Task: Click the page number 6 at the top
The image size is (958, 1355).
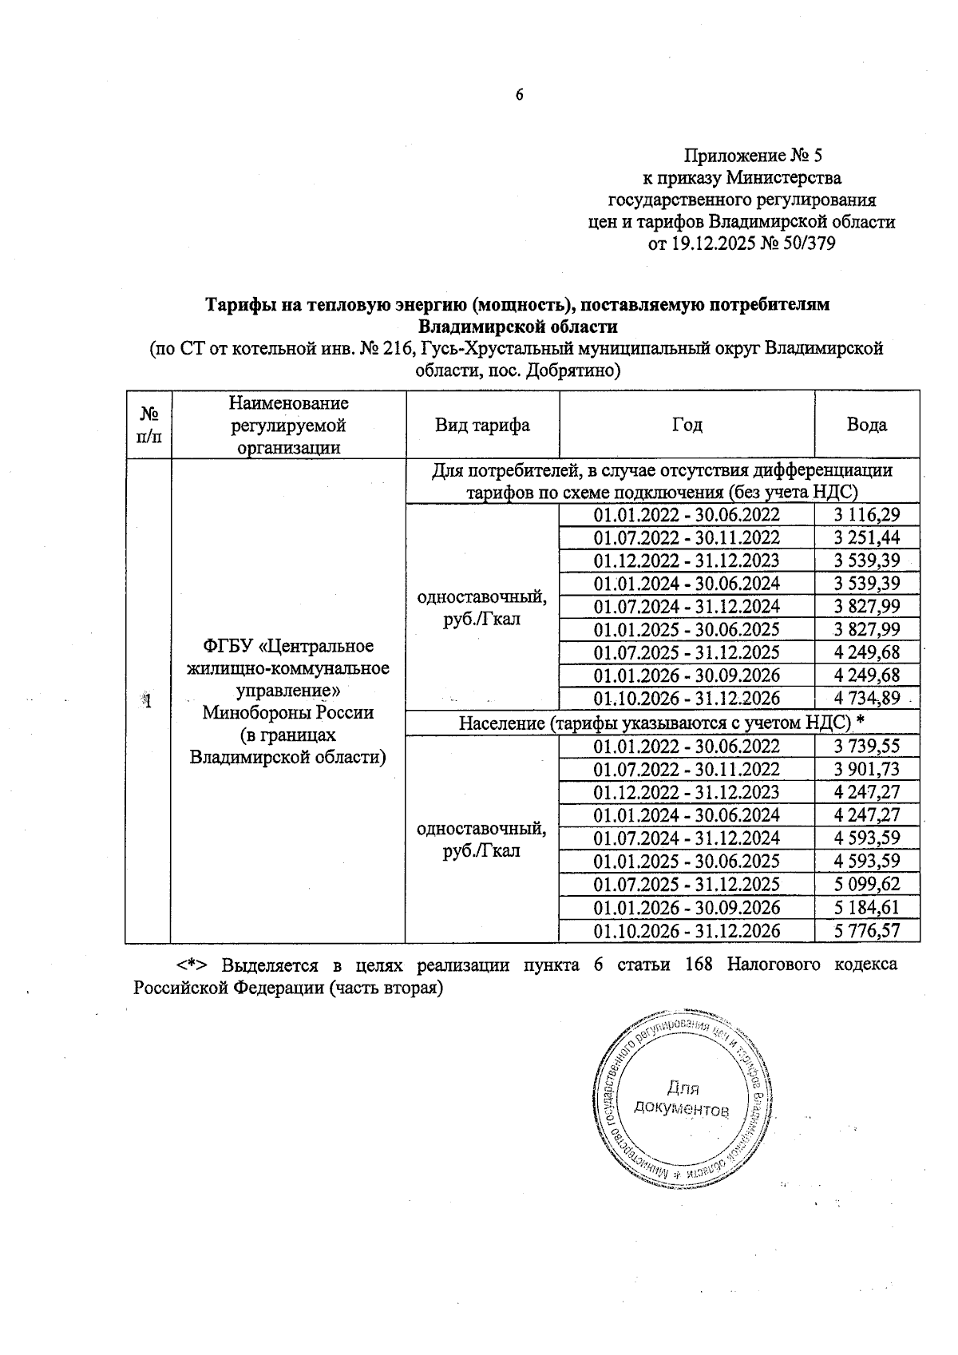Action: [519, 95]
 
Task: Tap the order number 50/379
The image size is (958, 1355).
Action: [807, 244]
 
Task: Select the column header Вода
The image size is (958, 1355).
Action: [866, 425]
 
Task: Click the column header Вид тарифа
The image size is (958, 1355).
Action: [482, 425]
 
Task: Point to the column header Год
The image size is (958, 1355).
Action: [687, 425]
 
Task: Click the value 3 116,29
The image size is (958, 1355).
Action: [866, 515]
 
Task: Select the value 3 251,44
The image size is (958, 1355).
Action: [866, 538]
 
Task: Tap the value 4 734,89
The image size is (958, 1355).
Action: [866, 699]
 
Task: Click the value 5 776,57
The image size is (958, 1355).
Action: [866, 931]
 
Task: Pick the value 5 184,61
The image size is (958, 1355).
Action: [866, 908]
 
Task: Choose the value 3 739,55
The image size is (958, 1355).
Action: [866, 747]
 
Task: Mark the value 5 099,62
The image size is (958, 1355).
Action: [866, 885]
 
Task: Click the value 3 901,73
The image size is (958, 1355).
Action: [866, 770]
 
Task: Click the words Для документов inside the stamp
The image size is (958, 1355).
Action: [681, 1099]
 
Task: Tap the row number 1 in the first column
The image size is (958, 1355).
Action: [148, 701]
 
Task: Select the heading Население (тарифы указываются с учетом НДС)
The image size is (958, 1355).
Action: [662, 723]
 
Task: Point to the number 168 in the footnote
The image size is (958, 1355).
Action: [700, 965]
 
